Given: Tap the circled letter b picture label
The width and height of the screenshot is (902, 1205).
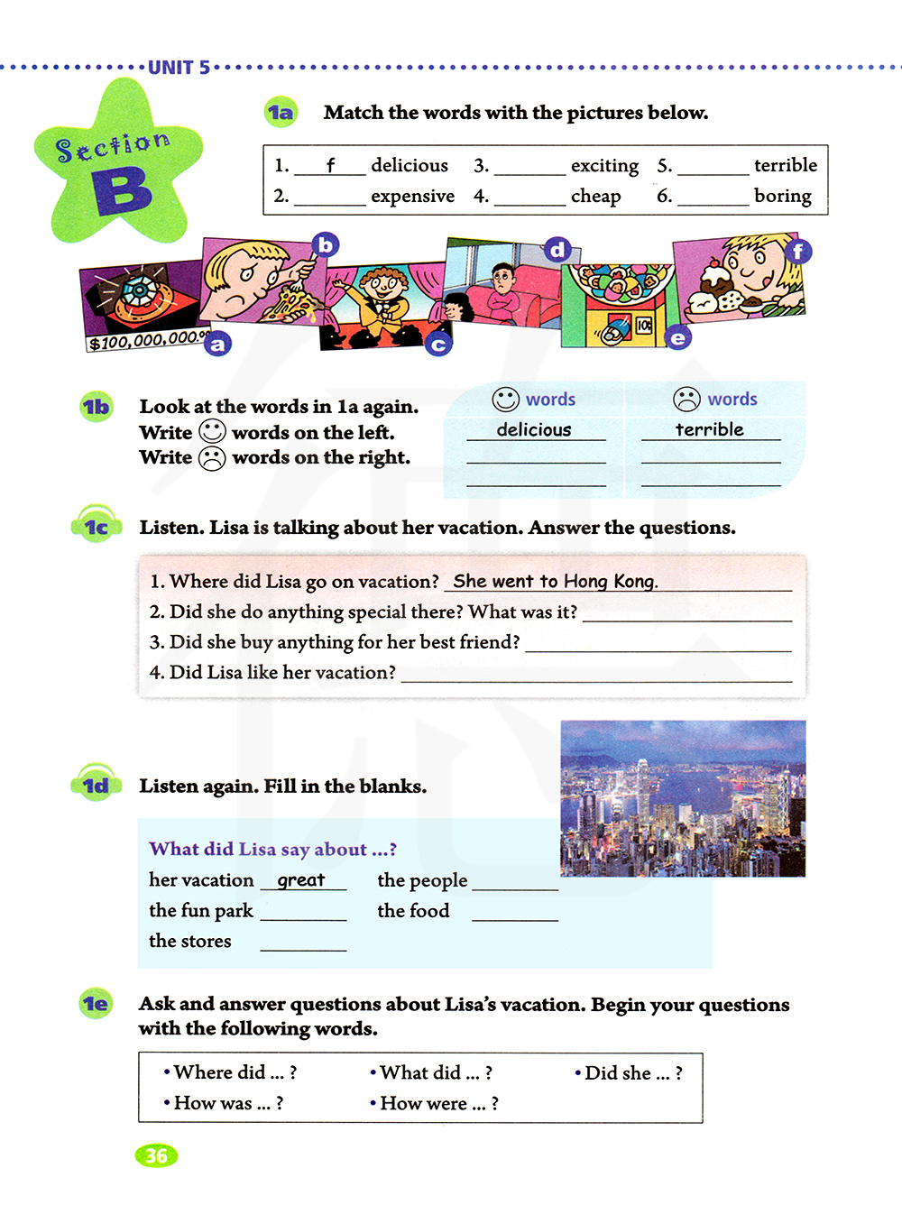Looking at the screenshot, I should [x=325, y=244].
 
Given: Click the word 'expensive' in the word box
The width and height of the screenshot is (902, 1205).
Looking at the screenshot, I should [x=412, y=197].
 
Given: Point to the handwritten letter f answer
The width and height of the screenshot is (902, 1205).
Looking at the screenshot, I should [x=330, y=165].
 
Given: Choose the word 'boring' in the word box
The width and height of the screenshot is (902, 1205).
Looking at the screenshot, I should [x=782, y=197].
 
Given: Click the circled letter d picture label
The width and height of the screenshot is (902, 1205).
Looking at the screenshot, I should [x=557, y=249].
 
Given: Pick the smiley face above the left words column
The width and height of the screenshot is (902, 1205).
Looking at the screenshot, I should [x=505, y=400].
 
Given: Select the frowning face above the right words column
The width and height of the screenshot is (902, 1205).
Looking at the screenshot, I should [x=686, y=400].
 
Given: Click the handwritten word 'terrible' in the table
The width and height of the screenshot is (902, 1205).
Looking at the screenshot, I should [x=709, y=430].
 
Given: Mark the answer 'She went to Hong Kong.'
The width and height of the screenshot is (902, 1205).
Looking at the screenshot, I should [x=555, y=582].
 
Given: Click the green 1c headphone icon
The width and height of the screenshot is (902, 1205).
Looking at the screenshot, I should [x=96, y=526].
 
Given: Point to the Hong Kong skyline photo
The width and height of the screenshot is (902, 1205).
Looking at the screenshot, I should [x=683, y=798].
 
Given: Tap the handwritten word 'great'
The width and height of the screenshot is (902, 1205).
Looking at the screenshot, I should [x=301, y=880].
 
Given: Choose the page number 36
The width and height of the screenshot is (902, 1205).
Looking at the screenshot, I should [x=156, y=1155].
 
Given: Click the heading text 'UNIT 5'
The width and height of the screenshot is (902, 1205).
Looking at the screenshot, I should [x=179, y=68].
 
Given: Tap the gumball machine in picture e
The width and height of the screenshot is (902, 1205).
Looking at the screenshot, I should [x=619, y=302].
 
